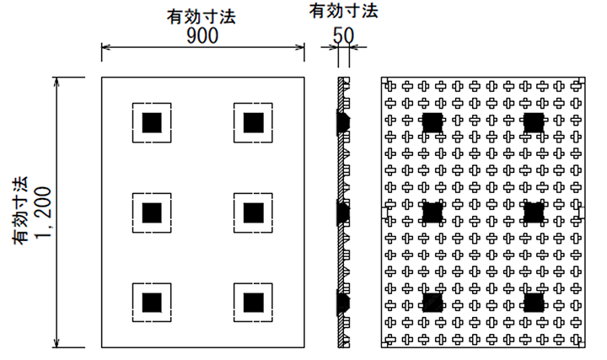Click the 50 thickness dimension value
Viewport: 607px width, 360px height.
click(343, 35)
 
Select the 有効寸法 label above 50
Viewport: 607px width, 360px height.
click(343, 10)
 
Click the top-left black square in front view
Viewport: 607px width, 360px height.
click(152, 122)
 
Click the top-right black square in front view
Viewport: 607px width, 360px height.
click(253, 122)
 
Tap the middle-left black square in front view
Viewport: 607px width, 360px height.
click(152, 212)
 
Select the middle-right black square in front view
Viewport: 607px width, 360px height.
click(253, 212)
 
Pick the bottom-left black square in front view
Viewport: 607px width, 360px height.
click(152, 302)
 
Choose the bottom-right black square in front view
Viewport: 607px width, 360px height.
click(253, 302)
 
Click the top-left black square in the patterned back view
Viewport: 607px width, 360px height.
click(432, 122)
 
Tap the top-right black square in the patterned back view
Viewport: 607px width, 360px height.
click(533, 122)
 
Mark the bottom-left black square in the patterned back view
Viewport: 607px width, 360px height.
click(432, 302)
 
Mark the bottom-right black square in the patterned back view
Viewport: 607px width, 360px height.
click(533, 302)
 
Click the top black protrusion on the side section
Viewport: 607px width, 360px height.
click(344, 122)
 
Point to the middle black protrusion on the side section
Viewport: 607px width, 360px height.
click(344, 212)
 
